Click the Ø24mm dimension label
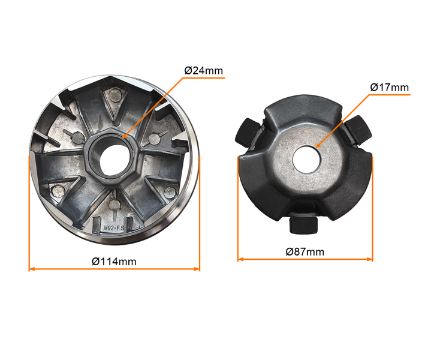click(204, 70)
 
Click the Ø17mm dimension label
click(390, 88)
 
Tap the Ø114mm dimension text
click(114, 262)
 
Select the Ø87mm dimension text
click(305, 251)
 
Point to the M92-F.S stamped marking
click(114, 228)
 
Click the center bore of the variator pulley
click(114, 160)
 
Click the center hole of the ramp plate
click(306, 159)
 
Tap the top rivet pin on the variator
click(116, 95)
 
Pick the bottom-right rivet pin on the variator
click(170, 193)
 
